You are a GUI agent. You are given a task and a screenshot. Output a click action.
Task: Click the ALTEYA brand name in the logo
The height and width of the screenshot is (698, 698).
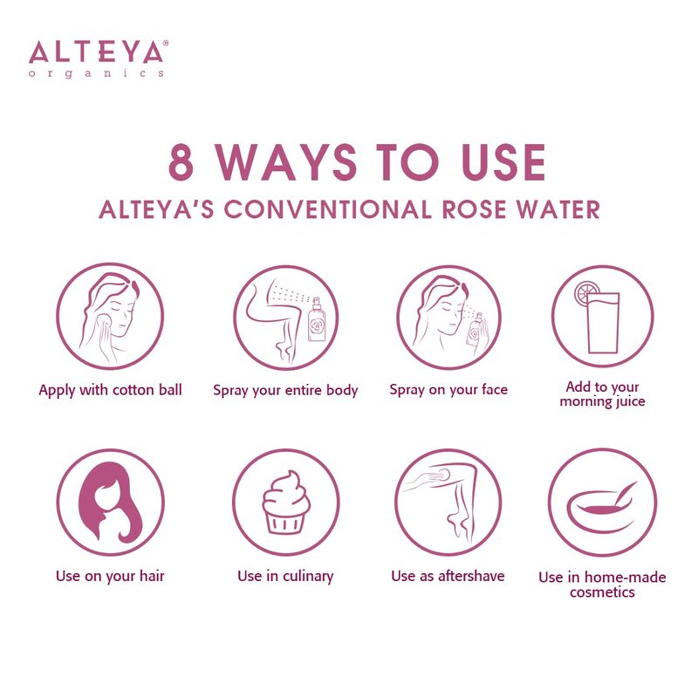96,51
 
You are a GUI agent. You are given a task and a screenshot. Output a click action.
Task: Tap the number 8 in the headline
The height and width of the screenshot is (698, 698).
181,162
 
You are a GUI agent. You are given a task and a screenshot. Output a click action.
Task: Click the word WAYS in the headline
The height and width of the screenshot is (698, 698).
286,162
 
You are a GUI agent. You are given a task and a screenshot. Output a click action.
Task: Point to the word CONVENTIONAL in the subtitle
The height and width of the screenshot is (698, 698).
328,209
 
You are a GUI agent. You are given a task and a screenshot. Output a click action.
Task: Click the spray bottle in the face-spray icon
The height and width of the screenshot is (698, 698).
475,331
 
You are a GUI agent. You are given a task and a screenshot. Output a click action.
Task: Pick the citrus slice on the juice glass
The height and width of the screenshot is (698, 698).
585,293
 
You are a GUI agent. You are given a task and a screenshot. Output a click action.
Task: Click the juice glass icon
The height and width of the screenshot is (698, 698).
603,322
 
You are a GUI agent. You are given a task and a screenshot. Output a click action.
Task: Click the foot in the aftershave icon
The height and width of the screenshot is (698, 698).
459,525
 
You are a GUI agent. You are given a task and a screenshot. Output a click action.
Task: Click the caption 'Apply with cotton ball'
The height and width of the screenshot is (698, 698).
111,390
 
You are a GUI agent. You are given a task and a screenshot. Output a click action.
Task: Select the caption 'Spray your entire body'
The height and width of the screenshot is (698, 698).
285,390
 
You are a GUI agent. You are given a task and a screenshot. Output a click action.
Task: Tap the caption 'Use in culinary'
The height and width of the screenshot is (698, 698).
285,576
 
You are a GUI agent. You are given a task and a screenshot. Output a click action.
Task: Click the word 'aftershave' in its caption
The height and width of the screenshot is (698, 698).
471,576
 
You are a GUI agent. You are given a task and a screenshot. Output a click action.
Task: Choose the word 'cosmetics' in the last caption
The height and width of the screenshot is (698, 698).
602,592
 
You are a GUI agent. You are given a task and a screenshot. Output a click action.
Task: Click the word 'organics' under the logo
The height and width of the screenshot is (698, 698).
96,73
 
